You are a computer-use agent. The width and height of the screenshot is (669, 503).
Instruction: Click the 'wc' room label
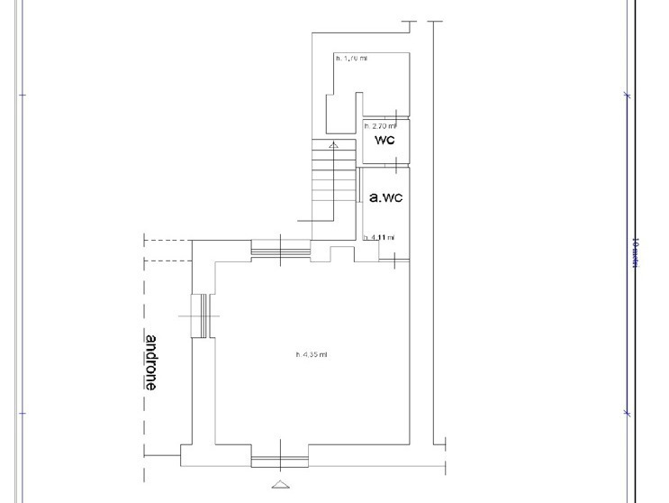pyautogui.click(x=384, y=141)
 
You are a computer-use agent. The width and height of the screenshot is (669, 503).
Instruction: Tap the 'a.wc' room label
pyautogui.click(x=384, y=195)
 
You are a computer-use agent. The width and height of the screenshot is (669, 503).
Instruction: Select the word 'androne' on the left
pyautogui.click(x=151, y=362)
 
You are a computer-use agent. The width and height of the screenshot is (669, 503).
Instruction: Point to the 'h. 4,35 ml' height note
pyautogui.click(x=312, y=354)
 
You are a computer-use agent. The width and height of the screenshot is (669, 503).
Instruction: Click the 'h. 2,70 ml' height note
pyautogui.click(x=379, y=126)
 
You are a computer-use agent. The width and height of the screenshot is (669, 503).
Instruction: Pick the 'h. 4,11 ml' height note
pyautogui.click(x=378, y=238)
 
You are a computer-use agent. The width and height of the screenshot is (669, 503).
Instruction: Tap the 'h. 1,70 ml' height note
pyautogui.click(x=350, y=58)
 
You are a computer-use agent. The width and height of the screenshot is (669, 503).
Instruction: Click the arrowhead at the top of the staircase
pyautogui.click(x=334, y=144)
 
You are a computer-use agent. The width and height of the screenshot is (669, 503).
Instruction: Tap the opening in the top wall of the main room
pyautogui.click(x=280, y=249)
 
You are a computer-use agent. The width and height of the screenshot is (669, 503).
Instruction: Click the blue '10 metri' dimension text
pyautogui.click(x=635, y=253)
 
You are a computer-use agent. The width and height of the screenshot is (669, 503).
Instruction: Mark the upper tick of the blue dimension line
pyautogui.click(x=628, y=95)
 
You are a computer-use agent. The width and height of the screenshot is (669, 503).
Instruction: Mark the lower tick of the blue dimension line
pyautogui.click(x=628, y=413)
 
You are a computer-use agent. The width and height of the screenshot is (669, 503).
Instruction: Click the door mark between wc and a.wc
pyautogui.click(x=397, y=164)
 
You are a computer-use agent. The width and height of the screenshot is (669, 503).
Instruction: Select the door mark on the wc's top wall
pyautogui.click(x=397, y=114)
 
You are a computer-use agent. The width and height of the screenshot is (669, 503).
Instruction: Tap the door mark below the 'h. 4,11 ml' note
pyautogui.click(x=397, y=260)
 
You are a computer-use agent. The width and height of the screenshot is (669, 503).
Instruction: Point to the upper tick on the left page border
pyautogui.click(x=23, y=95)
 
